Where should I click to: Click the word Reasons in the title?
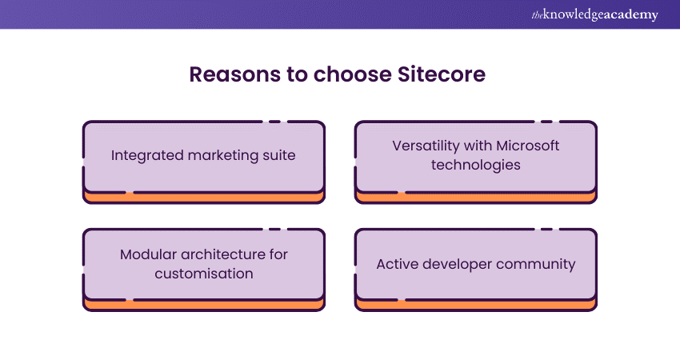tap(235, 74)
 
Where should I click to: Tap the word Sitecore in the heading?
tap(442, 74)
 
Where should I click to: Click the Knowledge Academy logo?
tap(594, 14)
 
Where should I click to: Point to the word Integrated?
tap(147, 156)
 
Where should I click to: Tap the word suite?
tap(279, 155)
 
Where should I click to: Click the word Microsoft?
tap(527, 146)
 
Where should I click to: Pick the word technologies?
tap(476, 166)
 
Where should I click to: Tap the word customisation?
tap(204, 274)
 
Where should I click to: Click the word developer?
tap(457, 265)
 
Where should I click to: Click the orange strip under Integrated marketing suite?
tap(204, 198)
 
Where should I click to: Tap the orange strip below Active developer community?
tap(476, 306)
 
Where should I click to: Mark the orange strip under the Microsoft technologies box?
tap(476, 198)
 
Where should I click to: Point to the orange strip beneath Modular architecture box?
tap(204, 306)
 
